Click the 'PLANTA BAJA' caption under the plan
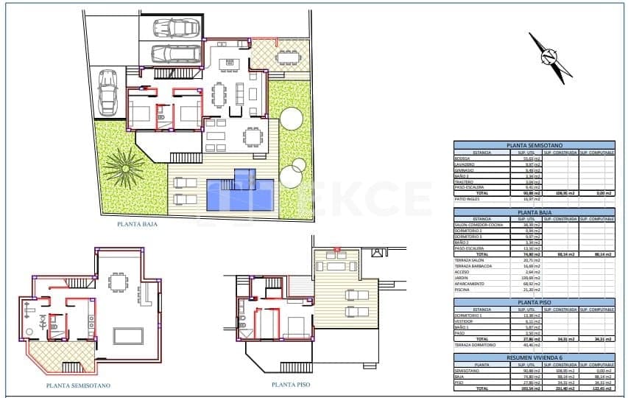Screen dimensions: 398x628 tap(136, 225)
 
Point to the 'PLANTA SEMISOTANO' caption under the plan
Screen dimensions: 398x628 tap(78, 385)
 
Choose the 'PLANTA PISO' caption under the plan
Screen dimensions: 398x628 tap(289, 384)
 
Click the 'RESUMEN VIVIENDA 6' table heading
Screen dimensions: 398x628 tap(534, 357)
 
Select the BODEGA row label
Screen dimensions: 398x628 tap(462, 158)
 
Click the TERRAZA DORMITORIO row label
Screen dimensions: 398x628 tap(475, 344)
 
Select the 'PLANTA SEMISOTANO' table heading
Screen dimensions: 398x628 tap(534, 145)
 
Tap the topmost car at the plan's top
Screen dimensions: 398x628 tap(172, 27)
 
